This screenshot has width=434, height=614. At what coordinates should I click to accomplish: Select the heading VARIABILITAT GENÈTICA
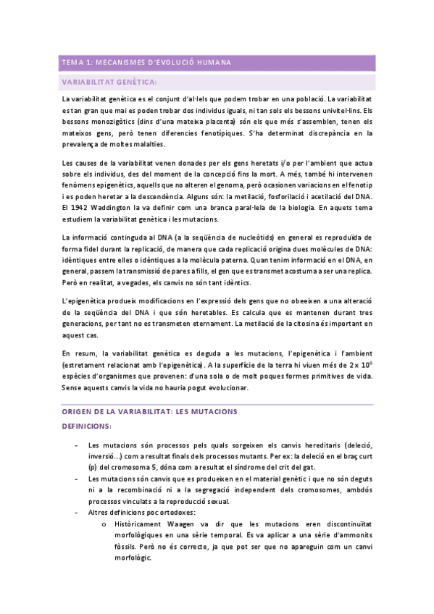tap(109, 82)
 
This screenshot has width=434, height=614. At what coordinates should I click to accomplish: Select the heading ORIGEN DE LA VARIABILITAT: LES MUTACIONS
tap(150, 411)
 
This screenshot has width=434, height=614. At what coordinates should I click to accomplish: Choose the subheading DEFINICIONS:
tap(86, 426)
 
